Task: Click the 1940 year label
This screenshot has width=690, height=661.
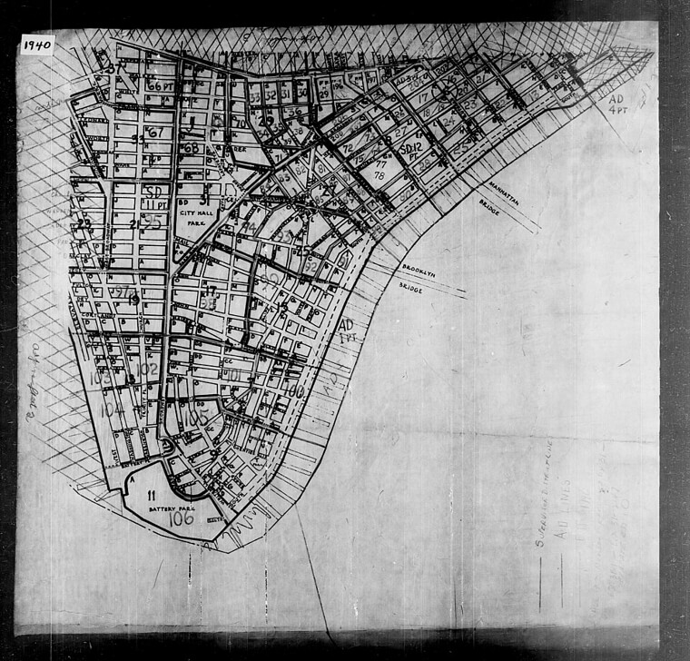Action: (x=37, y=44)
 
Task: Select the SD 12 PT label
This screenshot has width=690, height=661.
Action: (x=411, y=151)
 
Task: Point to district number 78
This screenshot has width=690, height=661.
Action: (x=379, y=175)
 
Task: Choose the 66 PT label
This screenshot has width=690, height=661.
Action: (x=160, y=85)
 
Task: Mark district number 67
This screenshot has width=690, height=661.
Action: (x=155, y=133)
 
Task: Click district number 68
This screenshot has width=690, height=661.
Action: (x=191, y=148)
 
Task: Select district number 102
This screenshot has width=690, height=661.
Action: (x=147, y=368)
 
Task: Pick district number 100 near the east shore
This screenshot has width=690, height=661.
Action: (x=292, y=390)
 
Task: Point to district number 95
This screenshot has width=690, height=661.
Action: (x=153, y=222)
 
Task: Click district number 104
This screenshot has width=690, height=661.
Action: (x=113, y=409)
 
